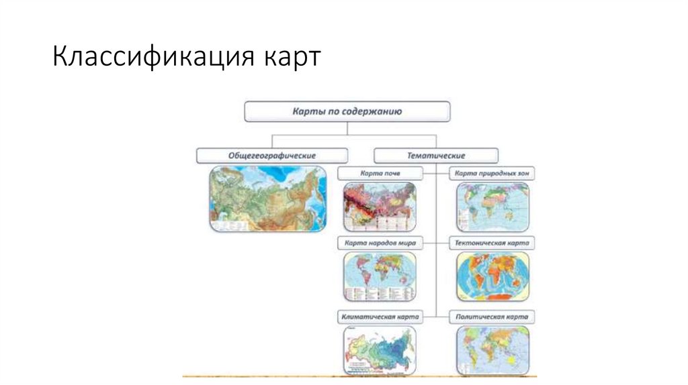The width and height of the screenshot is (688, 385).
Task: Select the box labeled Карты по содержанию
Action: [x=347, y=112]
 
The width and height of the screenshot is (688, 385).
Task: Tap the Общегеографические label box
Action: [x=272, y=155]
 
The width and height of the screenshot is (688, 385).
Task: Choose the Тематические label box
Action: [x=436, y=155]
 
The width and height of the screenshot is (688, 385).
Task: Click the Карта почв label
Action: [x=380, y=174]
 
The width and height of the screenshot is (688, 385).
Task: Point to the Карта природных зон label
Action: [x=492, y=174]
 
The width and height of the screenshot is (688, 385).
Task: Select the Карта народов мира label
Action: [x=380, y=243]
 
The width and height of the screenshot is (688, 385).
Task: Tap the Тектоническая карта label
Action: [x=492, y=243]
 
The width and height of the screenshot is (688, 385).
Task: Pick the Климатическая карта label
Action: [x=380, y=316]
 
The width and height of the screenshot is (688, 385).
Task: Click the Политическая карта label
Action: [x=492, y=316]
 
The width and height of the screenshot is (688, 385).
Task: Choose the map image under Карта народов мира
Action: [x=380, y=276]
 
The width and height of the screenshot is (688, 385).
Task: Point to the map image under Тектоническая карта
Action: [x=492, y=276]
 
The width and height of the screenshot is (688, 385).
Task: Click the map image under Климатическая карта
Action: [x=380, y=349]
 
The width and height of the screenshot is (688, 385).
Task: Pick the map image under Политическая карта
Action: [x=492, y=349]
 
